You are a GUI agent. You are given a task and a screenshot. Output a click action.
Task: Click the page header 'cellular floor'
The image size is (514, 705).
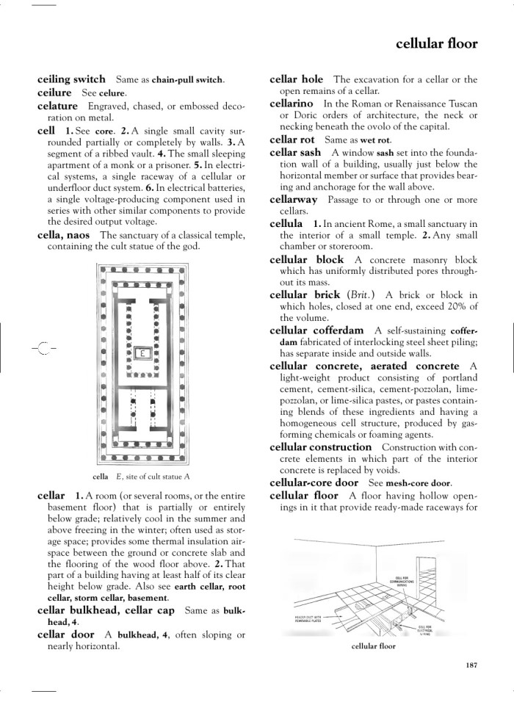436,43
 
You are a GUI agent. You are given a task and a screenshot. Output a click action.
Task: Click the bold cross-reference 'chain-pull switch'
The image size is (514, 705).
187,80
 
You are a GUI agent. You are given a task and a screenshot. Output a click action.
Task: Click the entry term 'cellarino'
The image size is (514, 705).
293,105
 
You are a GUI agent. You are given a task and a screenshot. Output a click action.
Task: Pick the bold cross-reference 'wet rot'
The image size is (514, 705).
375,140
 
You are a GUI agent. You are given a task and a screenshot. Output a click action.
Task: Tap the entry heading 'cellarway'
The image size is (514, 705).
294,200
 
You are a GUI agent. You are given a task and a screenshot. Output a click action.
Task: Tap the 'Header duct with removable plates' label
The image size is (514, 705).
311,619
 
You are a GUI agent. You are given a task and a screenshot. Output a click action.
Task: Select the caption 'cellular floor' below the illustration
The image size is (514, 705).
374,646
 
